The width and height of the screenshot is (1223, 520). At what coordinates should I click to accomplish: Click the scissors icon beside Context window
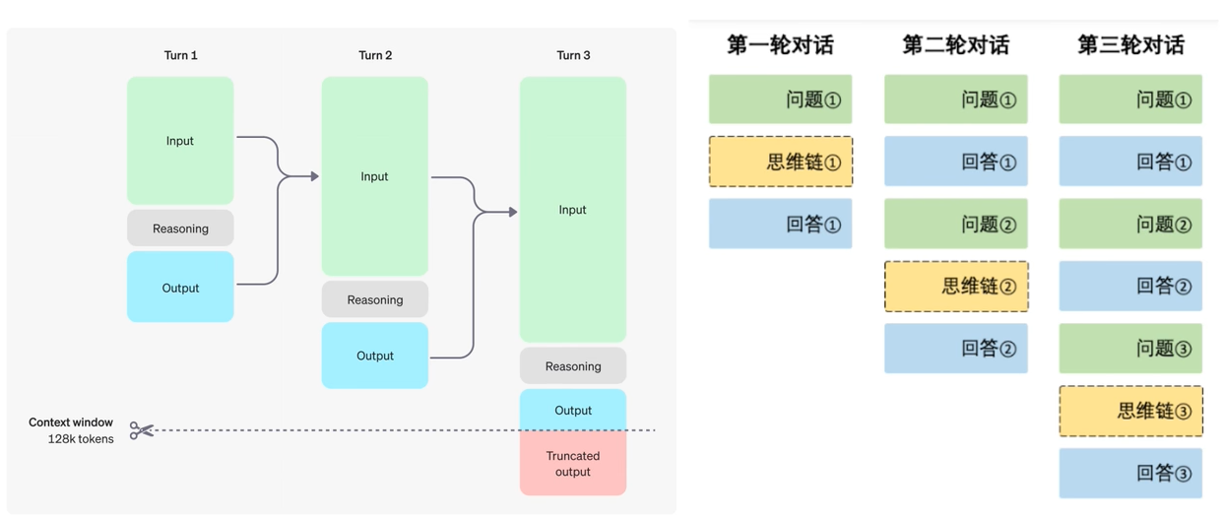pos(142,430)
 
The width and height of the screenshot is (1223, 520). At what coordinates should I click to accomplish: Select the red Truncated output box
pos(573,464)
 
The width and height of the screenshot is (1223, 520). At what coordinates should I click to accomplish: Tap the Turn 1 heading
pos(180,55)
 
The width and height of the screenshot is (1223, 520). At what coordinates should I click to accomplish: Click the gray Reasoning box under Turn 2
pos(375,299)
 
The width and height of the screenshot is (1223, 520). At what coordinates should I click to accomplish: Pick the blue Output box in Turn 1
pos(180,288)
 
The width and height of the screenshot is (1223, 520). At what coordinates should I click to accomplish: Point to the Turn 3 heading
pos(573,55)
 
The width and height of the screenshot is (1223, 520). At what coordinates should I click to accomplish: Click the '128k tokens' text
pos(81,439)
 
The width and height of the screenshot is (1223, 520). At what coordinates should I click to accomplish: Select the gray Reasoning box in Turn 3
pos(573,366)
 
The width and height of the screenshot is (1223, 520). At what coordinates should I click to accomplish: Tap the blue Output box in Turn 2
pos(375,356)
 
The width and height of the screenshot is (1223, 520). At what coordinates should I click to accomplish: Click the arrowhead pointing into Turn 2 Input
pos(314,176)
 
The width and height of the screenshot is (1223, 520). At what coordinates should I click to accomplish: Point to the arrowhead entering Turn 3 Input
pos(512,212)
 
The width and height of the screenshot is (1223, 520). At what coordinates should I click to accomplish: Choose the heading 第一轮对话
pos(780,45)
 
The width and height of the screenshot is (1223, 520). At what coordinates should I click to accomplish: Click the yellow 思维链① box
pos(781,162)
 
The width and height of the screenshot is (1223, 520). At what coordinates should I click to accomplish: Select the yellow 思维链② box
pos(956,287)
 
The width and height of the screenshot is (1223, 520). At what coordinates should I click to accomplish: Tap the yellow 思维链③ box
pos(1130,411)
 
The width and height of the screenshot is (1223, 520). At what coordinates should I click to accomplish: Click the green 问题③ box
pos(1130,349)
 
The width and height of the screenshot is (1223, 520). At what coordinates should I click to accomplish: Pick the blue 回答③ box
pos(1130,473)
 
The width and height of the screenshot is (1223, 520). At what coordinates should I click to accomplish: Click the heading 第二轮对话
pos(955,45)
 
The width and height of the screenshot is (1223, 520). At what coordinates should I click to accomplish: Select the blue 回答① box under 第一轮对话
pos(781,224)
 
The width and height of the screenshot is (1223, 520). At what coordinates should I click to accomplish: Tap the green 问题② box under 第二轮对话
pos(956,224)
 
